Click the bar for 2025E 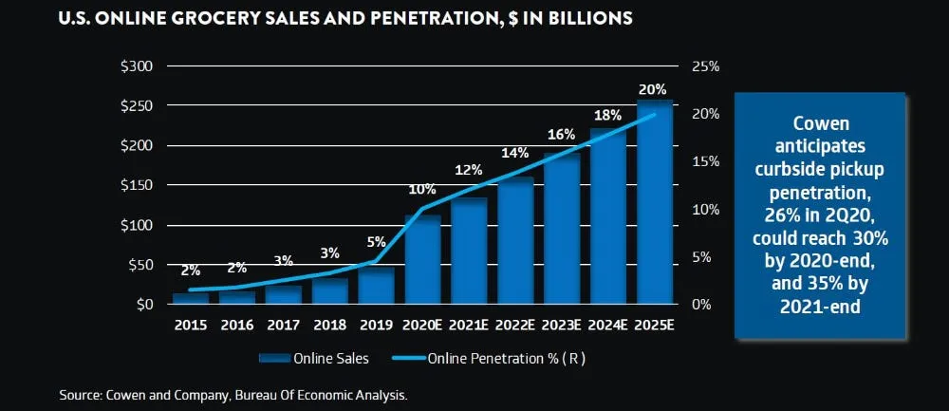click(655, 204)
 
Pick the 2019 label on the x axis click(377, 325)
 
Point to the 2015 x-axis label click(191, 325)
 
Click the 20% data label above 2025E click(653, 88)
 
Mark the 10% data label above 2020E click(421, 189)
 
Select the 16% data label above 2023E click(561, 135)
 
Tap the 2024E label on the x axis click(608, 325)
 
